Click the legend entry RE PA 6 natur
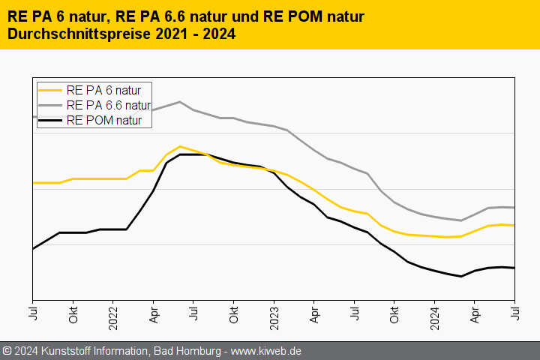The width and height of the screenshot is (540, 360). tap(109, 91)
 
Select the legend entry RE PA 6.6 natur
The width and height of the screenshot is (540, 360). tap(109, 105)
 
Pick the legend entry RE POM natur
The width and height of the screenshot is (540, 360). tap(109, 119)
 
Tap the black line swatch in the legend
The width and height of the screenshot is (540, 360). tap(51, 119)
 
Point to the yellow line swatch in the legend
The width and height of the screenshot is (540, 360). tap(51, 91)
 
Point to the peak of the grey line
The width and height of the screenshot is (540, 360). tap(180, 102)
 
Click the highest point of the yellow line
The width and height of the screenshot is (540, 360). tap(180, 146)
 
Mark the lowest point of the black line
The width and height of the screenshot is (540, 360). tap(461, 276)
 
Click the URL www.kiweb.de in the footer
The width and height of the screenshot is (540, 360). tap(266, 351)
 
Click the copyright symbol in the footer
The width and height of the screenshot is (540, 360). tap(7, 351)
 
